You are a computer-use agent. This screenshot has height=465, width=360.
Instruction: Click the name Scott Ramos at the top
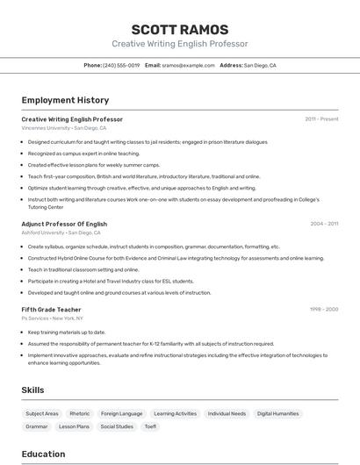point(179,30)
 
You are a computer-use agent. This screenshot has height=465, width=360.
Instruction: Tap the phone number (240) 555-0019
point(121,65)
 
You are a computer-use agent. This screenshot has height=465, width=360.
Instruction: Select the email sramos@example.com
point(188,65)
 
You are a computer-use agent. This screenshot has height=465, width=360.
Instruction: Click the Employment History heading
point(65,100)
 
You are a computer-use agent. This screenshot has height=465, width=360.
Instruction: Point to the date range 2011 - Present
point(321,118)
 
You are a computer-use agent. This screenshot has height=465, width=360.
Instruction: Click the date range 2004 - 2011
point(324,224)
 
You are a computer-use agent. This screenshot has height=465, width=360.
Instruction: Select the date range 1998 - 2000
point(324,309)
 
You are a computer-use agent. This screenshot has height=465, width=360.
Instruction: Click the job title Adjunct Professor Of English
point(64,224)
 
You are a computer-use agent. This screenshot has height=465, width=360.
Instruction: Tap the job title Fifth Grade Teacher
point(51,310)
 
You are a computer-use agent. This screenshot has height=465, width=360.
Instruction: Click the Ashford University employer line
point(61,232)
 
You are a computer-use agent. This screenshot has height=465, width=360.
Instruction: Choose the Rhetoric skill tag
point(80,413)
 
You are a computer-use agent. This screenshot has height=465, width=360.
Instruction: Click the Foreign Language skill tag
point(121,413)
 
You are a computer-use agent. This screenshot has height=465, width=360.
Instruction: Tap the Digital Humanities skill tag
point(278,413)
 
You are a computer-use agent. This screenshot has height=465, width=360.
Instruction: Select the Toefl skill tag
point(150,426)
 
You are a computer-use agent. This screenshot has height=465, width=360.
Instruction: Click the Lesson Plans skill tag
point(74,426)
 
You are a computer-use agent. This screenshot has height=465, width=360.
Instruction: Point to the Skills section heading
point(33,390)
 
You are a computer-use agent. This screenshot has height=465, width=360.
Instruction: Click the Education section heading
point(43,454)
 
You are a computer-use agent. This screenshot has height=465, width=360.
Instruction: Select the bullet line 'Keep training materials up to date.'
point(67,333)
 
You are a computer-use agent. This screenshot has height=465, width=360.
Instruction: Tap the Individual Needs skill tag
point(227,413)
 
